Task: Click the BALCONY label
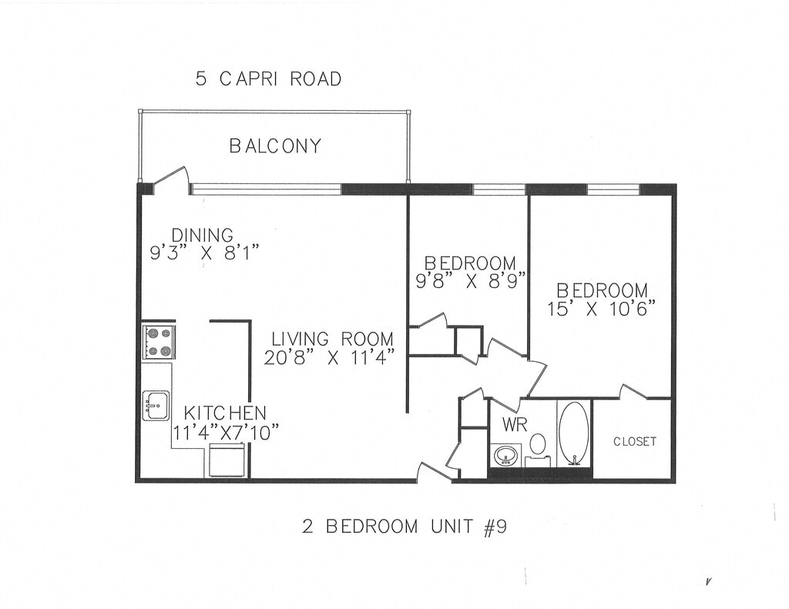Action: [x=275, y=146]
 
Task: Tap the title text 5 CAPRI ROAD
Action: [x=268, y=79]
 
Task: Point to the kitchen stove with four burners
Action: [x=159, y=342]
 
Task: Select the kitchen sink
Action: [x=157, y=405]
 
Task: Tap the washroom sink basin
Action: [x=506, y=456]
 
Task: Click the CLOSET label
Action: [x=635, y=441]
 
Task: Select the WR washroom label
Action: [x=514, y=425]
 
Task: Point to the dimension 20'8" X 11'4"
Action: [x=328, y=357]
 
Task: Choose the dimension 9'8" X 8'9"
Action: [x=471, y=280]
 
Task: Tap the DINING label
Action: [x=203, y=235]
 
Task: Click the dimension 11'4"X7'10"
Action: [x=226, y=433]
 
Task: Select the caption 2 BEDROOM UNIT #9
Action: [x=404, y=527]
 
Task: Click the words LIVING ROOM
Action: [x=333, y=339]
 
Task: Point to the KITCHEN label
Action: [x=225, y=413]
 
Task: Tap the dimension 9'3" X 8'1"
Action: [x=205, y=253]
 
